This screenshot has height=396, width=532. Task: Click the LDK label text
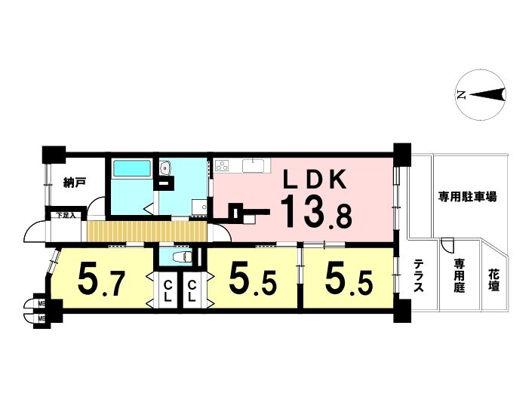click(x=315, y=180)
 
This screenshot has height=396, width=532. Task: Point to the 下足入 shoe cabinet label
click(x=66, y=215)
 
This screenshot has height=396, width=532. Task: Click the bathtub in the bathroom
click(x=131, y=168)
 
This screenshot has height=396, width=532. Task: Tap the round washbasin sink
click(x=165, y=167)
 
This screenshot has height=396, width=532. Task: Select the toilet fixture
click(x=182, y=257)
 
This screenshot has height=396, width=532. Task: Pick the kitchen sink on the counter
click(x=255, y=165)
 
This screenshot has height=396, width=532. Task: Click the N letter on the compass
click(x=461, y=95)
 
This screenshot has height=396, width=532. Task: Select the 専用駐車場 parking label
click(x=468, y=196)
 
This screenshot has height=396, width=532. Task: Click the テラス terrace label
click(x=420, y=275)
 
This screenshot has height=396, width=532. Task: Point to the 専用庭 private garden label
click(x=460, y=275)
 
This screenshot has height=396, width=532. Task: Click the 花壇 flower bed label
click(x=494, y=280)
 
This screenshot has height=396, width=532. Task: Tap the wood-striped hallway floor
click(x=147, y=232)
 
